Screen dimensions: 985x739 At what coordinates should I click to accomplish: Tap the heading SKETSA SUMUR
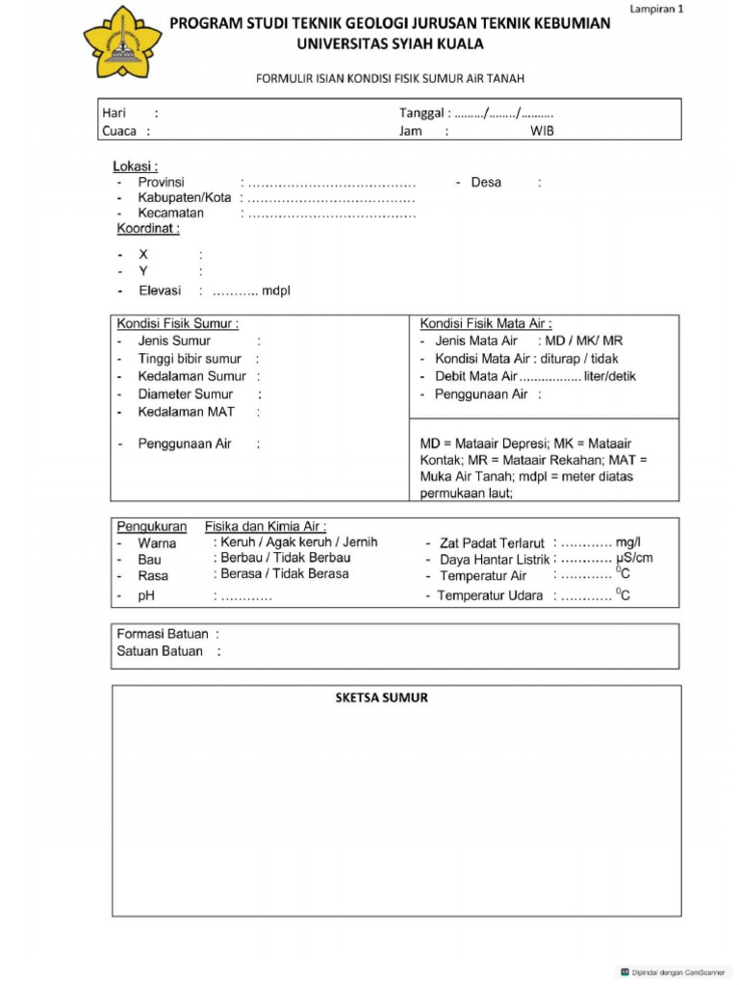[x=381, y=697]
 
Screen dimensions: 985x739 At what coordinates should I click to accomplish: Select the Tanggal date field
[x=476, y=114]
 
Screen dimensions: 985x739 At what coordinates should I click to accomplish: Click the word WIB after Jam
[x=542, y=132]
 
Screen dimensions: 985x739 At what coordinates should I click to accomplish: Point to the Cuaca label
[x=120, y=132]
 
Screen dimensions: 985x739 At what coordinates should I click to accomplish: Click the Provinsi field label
[x=161, y=182]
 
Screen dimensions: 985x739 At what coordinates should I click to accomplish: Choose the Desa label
[x=486, y=182]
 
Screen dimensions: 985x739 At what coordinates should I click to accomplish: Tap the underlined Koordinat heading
[x=148, y=229]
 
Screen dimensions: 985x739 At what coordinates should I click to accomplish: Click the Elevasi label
[x=160, y=290]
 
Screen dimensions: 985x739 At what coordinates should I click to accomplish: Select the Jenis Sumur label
[x=174, y=341]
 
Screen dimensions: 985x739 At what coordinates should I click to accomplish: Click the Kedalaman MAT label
[x=186, y=412]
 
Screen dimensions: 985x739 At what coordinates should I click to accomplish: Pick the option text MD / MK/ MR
[x=583, y=341]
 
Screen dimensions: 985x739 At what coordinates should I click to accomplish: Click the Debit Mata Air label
[x=476, y=376]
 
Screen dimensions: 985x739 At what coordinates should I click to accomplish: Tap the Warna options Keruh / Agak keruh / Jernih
[x=294, y=543]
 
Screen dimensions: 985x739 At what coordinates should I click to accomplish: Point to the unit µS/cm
[x=634, y=558]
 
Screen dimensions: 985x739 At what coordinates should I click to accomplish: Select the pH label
[x=146, y=596]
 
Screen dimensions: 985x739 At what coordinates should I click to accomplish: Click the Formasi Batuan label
[x=161, y=634]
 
